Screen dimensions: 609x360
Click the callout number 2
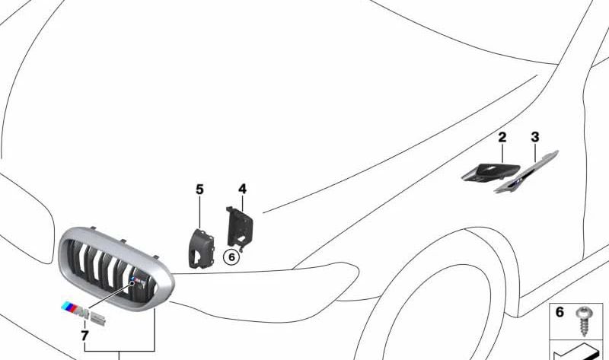click(502, 137)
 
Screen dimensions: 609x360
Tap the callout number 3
click(535, 137)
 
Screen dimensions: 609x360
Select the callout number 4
click(242, 189)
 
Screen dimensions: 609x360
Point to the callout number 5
click(199, 190)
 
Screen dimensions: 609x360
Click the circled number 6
click(231, 257)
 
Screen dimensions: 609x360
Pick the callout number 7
click(84, 336)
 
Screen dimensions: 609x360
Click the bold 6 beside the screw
click(560, 312)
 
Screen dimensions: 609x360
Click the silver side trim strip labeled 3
click(527, 172)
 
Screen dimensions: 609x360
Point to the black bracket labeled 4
click(240, 227)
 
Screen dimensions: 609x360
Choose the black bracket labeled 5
click(201, 249)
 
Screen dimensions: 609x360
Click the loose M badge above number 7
click(83, 311)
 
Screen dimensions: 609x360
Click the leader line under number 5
click(199, 212)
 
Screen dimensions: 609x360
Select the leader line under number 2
click(502, 153)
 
